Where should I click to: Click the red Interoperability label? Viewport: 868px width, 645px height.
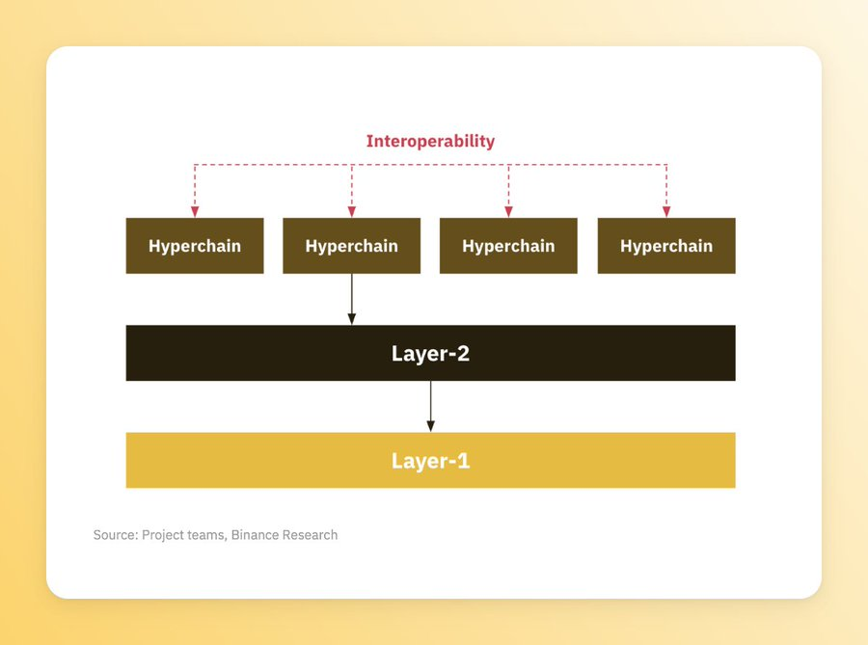coord(430,142)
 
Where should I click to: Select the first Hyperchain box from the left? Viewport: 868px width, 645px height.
coord(195,246)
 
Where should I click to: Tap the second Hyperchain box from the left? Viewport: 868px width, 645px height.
coord(351,246)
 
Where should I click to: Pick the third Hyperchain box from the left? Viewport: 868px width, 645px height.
coord(508,246)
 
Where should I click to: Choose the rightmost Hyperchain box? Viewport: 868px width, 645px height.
coord(666,246)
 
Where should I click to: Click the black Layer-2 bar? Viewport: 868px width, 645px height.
coord(431,353)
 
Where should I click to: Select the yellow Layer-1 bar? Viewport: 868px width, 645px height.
coord(431,460)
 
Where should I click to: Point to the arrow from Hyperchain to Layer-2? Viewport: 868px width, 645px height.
coord(351,299)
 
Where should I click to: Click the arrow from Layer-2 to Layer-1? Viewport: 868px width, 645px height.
coord(431,407)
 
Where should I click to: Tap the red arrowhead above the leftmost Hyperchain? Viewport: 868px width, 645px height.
coord(195,212)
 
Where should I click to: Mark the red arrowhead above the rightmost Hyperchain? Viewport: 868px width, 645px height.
coord(666,212)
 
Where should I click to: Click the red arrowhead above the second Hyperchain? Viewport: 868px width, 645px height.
coord(351,212)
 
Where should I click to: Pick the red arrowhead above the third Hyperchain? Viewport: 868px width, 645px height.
coord(508,212)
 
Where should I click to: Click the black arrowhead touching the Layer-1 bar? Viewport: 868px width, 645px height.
coord(431,426)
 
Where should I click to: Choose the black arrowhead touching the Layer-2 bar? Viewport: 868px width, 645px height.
coord(351,319)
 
